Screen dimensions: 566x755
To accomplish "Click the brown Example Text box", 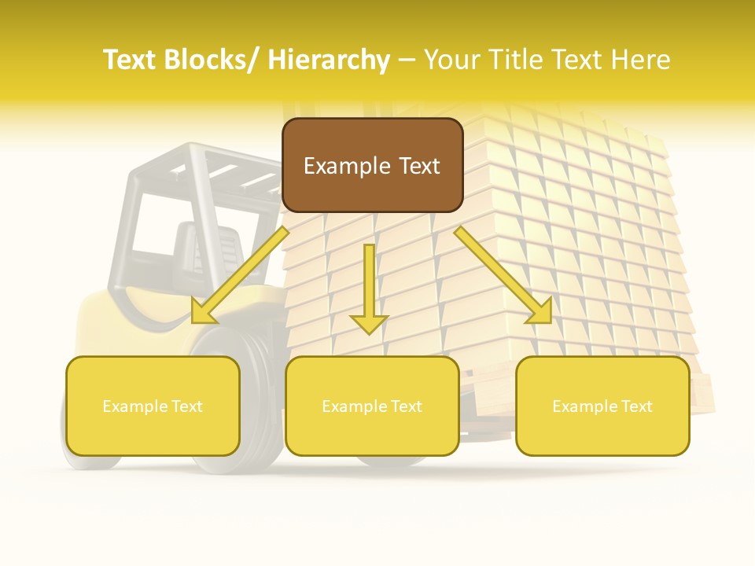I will (372, 165).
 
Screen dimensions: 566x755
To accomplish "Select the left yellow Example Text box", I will (153, 406).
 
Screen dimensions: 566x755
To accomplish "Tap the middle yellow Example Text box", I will (372, 406).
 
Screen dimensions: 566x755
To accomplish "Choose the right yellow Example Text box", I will (602, 406).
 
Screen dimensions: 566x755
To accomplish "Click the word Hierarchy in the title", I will (329, 60).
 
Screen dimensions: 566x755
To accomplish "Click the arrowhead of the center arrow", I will (369, 323).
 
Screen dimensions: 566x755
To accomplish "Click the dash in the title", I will (407, 60).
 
